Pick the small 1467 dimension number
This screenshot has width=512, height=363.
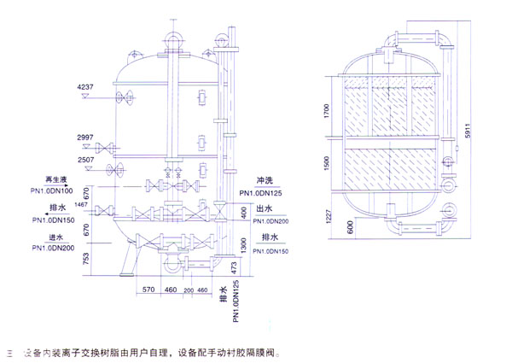pyautogui.click(x=82, y=206)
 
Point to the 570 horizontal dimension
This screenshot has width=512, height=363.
pyautogui.click(x=148, y=290)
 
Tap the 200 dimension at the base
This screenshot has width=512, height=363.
pyautogui.click(x=189, y=290)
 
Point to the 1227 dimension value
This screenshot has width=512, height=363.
pyautogui.click(x=327, y=219)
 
